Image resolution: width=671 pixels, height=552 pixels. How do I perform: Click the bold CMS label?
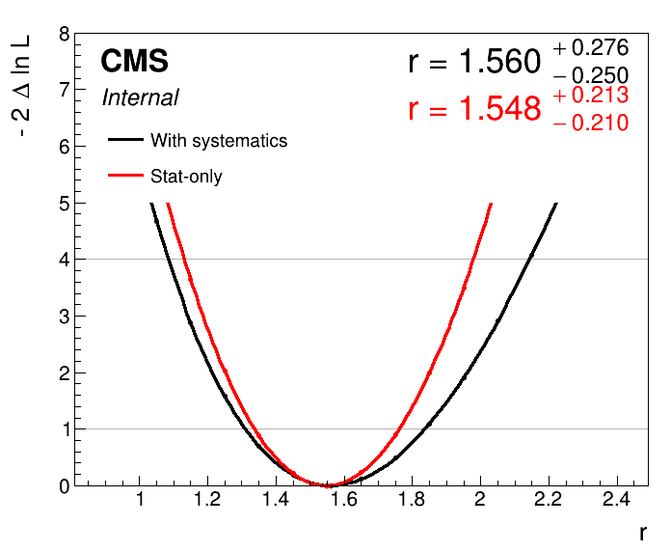pos(134,62)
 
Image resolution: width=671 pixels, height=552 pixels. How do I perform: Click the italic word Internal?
pos(140,97)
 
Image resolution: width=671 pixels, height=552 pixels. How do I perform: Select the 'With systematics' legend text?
pos(219,141)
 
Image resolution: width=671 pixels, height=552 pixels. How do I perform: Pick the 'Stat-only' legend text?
pos(186,177)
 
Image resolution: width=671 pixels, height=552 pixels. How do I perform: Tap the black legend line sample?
pos(125,140)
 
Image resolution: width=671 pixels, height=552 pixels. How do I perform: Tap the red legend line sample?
pos(125,176)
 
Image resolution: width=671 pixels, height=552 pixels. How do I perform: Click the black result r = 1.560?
pos(474,63)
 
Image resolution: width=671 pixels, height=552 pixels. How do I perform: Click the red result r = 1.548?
pos(474,109)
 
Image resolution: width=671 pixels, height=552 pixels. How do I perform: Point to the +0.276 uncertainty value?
pos(591,48)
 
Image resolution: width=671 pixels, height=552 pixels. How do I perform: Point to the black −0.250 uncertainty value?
pos(591,76)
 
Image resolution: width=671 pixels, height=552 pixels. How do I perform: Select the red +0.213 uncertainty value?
pos(591,96)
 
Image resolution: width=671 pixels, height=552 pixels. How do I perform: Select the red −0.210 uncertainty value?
pos(591,123)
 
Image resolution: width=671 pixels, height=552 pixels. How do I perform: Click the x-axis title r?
pos(642,533)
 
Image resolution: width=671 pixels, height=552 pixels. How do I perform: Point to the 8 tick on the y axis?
pos(64,34)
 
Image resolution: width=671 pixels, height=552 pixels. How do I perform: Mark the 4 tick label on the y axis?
pos(64,260)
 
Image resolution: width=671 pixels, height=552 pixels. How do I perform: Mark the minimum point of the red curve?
pos(327,485)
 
